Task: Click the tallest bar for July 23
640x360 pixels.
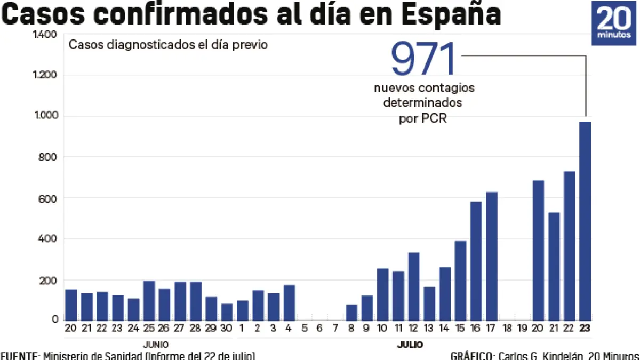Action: (585, 221)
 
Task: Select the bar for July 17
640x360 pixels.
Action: (491, 256)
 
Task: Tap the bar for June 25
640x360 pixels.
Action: (149, 300)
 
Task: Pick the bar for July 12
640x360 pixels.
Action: (414, 286)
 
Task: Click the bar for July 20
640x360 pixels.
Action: (538, 250)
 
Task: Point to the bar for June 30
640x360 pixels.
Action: (227, 311)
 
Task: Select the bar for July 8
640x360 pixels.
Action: (351, 312)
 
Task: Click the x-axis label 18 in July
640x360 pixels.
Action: (507, 327)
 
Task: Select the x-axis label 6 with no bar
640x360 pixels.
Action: (320, 327)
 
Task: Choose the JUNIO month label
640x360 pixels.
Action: (156, 345)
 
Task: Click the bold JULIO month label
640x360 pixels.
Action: (410, 345)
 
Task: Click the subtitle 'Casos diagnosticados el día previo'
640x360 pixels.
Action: (168, 45)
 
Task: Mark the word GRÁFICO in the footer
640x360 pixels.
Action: (471, 356)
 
